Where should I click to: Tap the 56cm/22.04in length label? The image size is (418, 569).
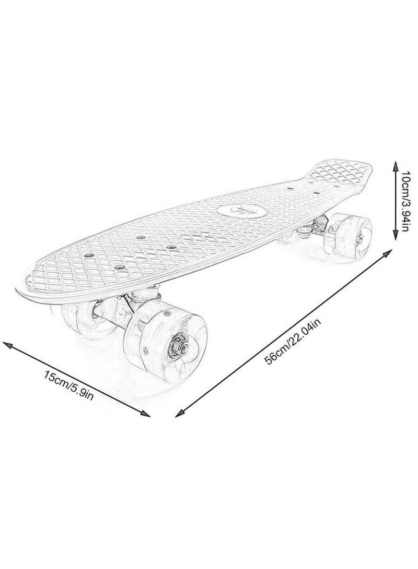tap(294, 339)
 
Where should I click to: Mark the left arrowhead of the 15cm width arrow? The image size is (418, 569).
tap(7, 344)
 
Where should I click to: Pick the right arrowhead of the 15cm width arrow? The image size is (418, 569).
tap(146, 414)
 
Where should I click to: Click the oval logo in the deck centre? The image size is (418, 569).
tap(239, 211)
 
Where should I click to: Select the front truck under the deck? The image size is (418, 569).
tap(124, 305)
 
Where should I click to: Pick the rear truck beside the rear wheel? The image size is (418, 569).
tap(312, 227)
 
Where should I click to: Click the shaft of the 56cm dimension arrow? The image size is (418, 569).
tap(283, 333)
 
